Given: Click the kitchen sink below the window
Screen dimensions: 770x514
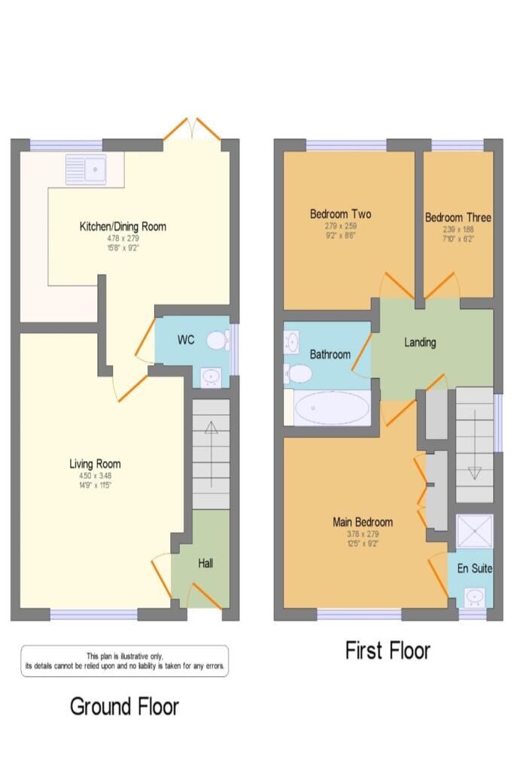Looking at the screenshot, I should (x=87, y=170).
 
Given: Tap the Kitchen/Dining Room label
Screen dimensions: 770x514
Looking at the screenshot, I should (x=123, y=226).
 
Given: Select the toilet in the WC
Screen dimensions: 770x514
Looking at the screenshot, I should (x=217, y=341).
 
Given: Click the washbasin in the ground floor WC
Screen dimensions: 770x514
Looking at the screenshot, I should (x=211, y=375).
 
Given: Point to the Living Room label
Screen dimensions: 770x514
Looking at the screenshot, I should (x=96, y=464).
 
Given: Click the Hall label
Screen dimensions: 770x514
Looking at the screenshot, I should (x=205, y=562).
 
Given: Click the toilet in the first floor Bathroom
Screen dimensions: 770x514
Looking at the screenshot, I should (x=298, y=372).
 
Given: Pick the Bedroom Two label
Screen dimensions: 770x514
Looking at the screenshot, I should (x=340, y=214).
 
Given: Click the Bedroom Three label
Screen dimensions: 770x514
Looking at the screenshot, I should (x=458, y=218).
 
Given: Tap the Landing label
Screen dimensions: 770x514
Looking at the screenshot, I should (x=420, y=342).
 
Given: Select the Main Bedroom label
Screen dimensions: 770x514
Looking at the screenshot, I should (x=363, y=522).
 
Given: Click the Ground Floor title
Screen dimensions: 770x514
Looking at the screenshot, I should (x=124, y=707).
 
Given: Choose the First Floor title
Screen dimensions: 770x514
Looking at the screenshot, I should (x=388, y=650).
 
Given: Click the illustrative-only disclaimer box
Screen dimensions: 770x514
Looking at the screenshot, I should (x=124, y=661).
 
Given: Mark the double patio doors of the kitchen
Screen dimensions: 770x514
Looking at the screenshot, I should (x=193, y=130).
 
